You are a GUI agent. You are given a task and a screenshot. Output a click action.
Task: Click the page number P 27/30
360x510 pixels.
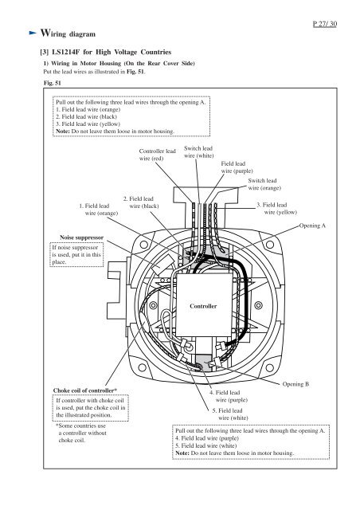coord(324,24)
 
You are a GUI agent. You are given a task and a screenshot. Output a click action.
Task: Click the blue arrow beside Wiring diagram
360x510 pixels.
coord(33,33)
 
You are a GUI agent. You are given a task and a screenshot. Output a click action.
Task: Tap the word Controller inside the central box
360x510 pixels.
coord(203,306)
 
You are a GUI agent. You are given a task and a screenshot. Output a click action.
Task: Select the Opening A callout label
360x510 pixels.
coord(312,226)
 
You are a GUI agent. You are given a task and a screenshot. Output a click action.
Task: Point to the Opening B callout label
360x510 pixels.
coord(295,384)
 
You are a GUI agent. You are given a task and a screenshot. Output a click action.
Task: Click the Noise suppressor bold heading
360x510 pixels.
coord(81,237)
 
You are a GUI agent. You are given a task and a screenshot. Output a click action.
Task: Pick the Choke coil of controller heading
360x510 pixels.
coord(85,390)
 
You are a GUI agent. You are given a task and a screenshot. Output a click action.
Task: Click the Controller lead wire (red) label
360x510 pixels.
coord(157,155)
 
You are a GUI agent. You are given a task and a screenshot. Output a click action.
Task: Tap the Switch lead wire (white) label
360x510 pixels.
coord(198,152)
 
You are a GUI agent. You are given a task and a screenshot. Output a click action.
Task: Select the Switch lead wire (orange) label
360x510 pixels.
coord(264,184)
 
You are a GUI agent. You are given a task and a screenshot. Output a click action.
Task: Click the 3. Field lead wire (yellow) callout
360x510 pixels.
coord(276,209)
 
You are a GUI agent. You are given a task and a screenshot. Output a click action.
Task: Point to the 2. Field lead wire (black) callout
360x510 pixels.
coord(141,202)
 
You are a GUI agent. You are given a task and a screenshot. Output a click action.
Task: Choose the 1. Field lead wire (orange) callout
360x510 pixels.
coord(99,210)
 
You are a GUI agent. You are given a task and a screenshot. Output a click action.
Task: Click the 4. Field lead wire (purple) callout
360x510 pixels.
coord(229,396)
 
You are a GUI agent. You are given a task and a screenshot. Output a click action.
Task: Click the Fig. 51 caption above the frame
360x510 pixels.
coord(53,83)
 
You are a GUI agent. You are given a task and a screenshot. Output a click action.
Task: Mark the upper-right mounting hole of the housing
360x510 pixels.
coord(269,245)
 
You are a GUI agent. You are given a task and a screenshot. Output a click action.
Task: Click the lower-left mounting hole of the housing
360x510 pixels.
coord(142,367)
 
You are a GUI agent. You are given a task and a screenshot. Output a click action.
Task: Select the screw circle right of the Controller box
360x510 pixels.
coord(259,305)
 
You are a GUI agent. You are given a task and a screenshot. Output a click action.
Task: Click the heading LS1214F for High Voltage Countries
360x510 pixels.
coord(106,52)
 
